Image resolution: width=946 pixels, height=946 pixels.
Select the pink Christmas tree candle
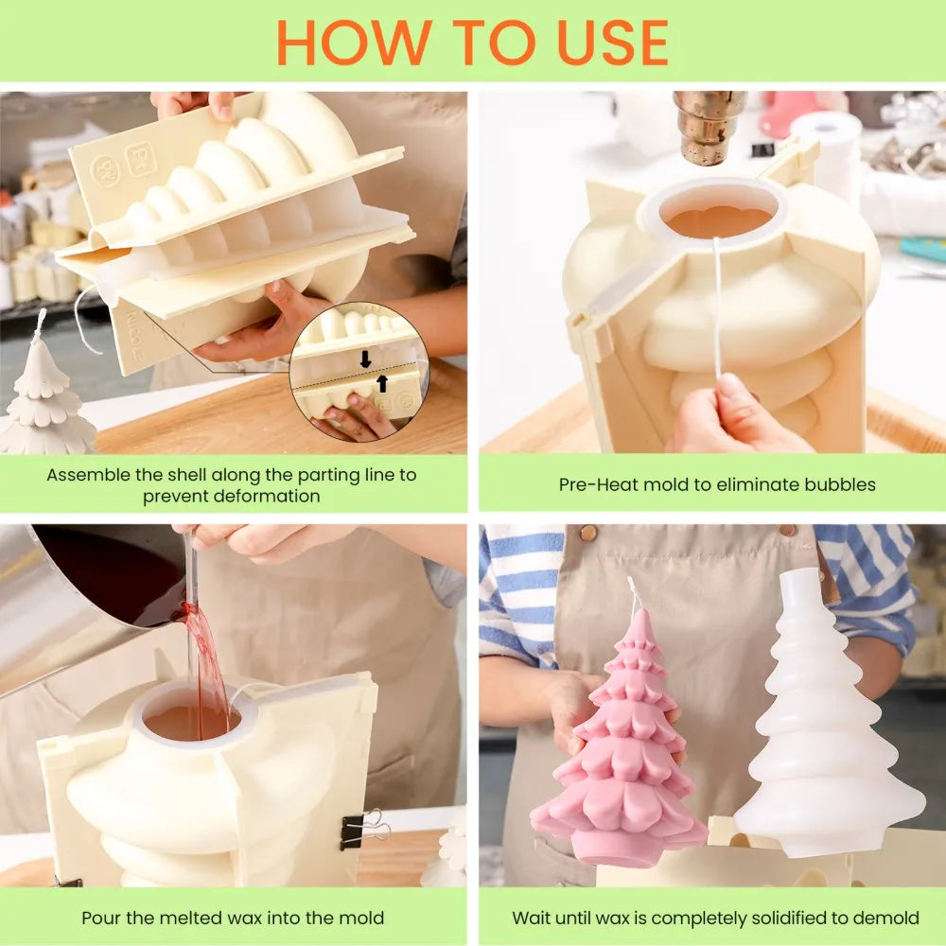coord(620,747)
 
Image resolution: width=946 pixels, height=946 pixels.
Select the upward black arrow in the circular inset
coord(382,382)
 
